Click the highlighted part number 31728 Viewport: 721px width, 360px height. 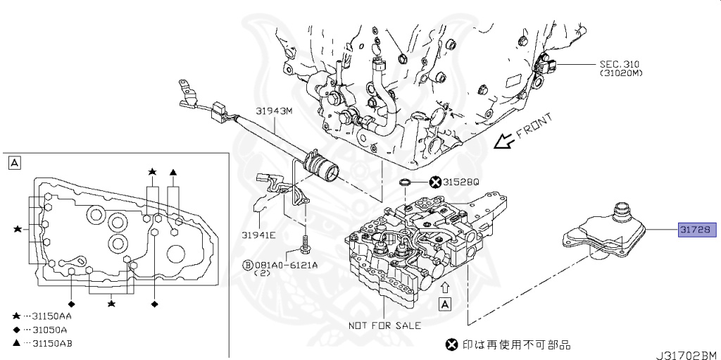tap(696, 230)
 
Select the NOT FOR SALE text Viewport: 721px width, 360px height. tap(384, 325)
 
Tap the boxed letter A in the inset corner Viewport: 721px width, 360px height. tap(13, 163)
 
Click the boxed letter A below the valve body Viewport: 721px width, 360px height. tap(444, 304)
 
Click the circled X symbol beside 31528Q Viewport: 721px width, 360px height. tap(435, 182)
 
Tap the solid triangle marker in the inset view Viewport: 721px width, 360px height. tap(173, 172)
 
